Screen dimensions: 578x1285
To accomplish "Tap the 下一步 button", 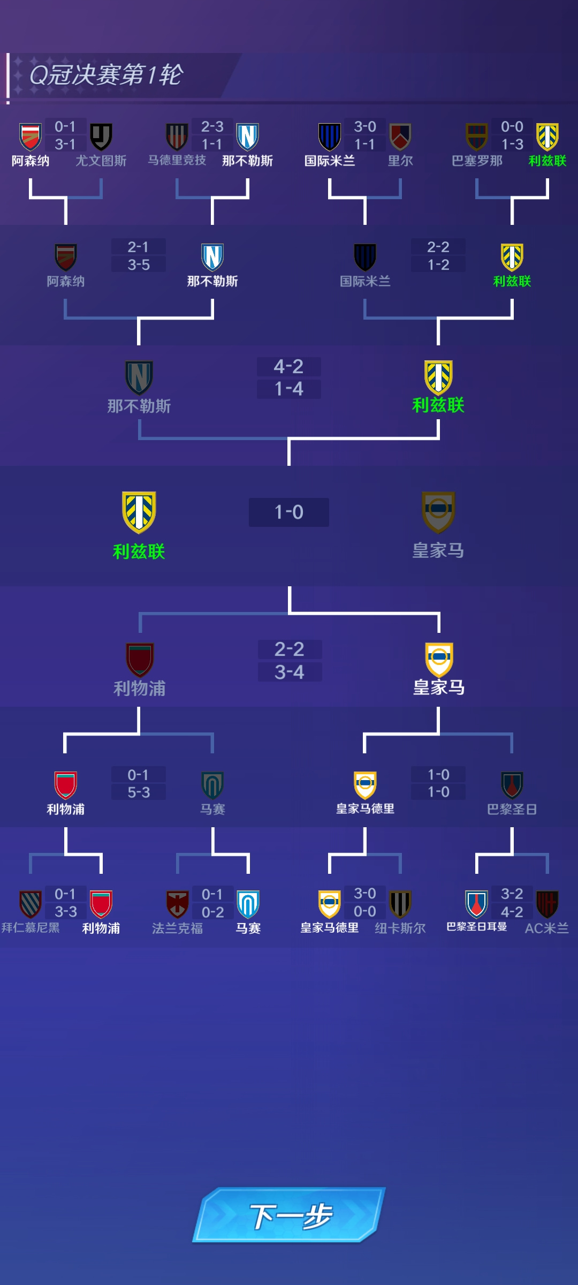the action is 289,1214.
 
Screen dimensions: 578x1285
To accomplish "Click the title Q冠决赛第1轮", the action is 106,75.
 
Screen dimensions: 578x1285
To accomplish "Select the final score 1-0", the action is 289,512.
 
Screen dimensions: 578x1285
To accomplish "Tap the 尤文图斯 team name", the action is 101,161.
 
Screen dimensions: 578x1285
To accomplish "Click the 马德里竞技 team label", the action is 177,160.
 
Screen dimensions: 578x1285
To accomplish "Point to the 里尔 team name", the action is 400,161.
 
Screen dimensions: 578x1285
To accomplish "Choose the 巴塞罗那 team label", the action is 477,161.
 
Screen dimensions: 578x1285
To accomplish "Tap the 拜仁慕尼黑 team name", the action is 31,927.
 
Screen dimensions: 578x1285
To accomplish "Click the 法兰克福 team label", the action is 177,928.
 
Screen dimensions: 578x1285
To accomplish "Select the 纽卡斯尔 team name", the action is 400,928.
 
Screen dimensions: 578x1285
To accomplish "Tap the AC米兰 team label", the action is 546,928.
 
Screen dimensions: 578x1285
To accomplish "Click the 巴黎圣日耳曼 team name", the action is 477,926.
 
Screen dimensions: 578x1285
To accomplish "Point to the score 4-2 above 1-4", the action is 289,367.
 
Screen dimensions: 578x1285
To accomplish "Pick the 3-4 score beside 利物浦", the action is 290,672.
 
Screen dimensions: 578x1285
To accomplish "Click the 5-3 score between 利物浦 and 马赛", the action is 139,792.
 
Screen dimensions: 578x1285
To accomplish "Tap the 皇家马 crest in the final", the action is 438,512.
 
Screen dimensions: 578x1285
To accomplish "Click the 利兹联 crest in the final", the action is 139,512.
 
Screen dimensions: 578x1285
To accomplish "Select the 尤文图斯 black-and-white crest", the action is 101,137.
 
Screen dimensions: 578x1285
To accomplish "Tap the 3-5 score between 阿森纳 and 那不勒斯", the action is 139,264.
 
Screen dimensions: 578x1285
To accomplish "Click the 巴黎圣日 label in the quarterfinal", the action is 512,809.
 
